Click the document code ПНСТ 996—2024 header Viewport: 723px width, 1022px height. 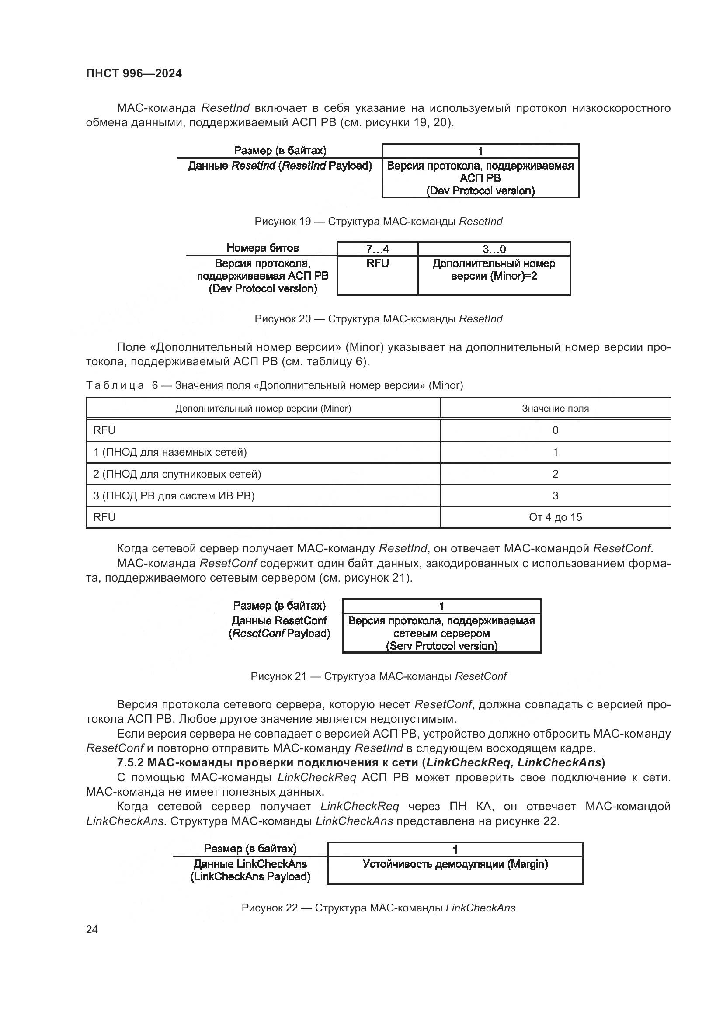point(134,73)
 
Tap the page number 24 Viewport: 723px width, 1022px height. point(92,929)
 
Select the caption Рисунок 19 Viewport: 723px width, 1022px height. point(378,221)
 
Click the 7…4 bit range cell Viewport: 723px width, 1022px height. point(377,249)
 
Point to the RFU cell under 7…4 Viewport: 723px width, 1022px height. point(377,263)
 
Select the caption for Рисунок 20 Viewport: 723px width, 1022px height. point(378,319)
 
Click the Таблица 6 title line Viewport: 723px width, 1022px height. point(274,385)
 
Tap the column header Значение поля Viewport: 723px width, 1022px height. point(555,408)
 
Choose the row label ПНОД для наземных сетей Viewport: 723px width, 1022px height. point(170,452)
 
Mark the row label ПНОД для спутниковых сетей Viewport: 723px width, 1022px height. point(177,474)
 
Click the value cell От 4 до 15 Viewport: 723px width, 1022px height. point(555,517)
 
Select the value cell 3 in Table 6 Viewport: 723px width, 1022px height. point(555,495)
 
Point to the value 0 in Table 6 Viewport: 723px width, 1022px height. point(555,430)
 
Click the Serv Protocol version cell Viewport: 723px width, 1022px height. point(441,633)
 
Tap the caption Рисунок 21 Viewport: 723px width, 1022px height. point(378,676)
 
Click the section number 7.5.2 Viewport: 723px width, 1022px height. point(130,762)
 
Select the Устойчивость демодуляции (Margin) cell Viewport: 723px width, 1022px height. point(455,864)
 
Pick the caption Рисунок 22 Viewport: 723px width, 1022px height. point(378,908)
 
